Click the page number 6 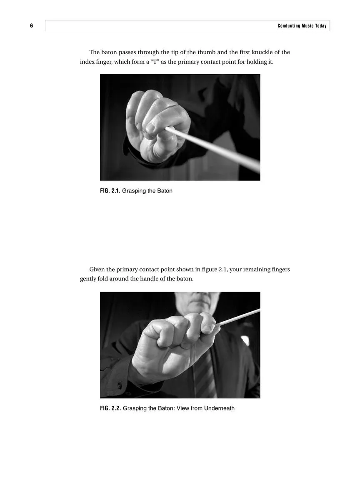click(32, 26)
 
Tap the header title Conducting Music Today click(302, 26)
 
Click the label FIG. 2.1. click(110, 191)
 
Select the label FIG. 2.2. click(110, 408)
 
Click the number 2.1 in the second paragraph click(223, 270)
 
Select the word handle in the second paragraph click(148, 279)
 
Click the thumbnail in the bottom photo click(207, 328)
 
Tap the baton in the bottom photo click(239, 317)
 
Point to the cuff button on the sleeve click(120, 385)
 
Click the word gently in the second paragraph click(88, 279)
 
